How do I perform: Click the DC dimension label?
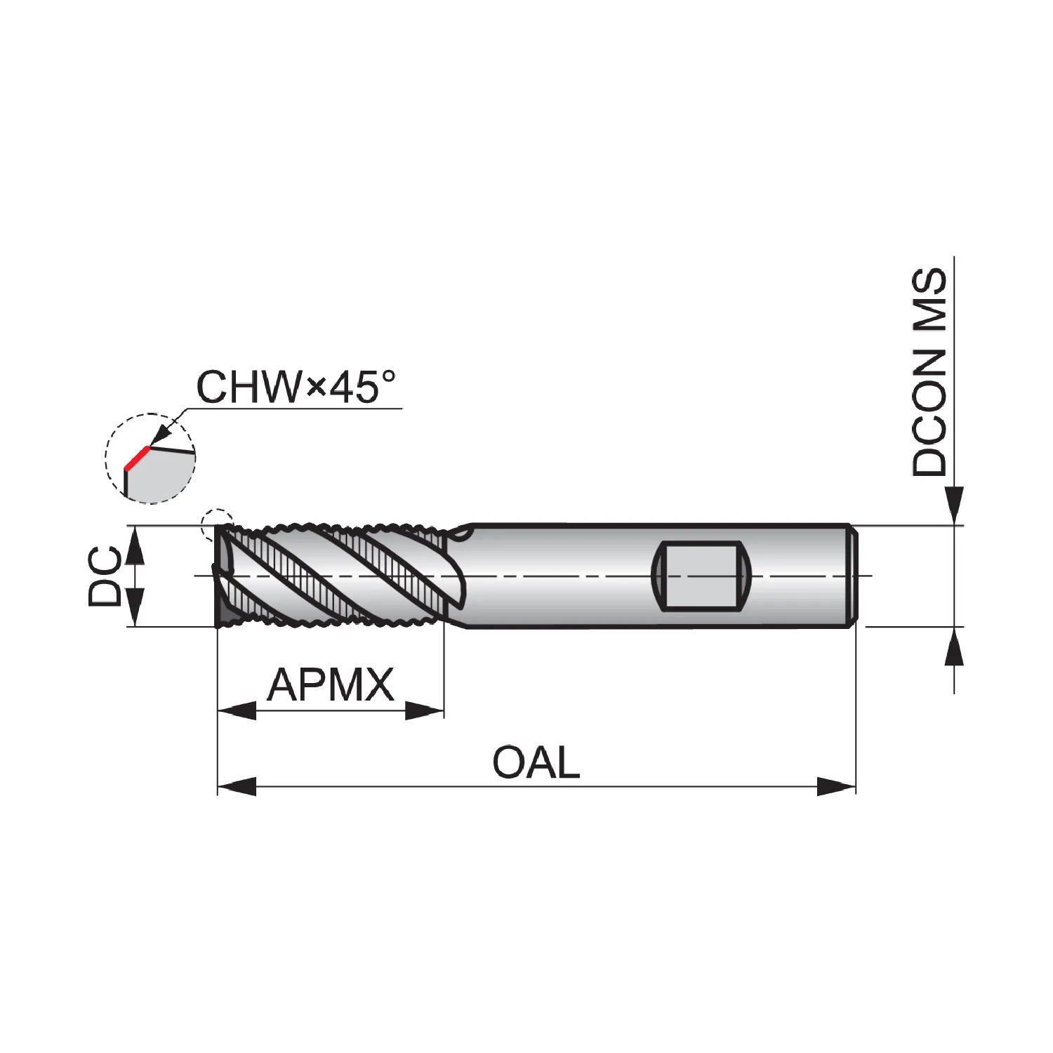105,576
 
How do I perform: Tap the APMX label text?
331,685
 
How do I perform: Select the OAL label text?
536,762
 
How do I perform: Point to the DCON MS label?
929,372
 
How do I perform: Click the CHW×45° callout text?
296,386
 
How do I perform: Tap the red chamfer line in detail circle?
137,458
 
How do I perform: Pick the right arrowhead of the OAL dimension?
837,786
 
